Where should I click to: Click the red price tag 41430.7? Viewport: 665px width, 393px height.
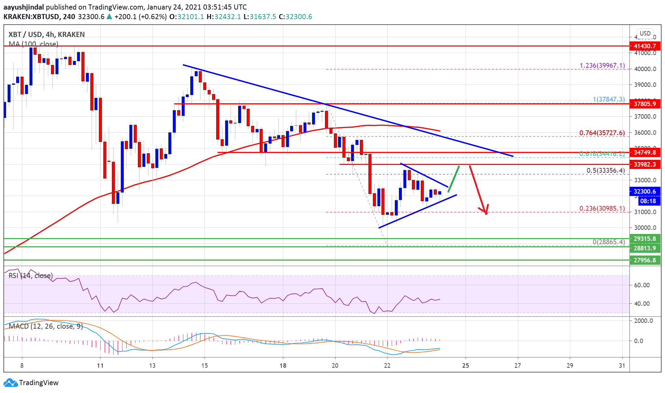tap(644, 46)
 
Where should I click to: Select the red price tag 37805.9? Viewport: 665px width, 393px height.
tap(644, 104)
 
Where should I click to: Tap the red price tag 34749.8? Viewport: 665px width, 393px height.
tap(644, 153)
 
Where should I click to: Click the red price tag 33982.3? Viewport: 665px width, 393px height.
tap(644, 165)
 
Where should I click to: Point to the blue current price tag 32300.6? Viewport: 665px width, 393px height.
tap(644, 192)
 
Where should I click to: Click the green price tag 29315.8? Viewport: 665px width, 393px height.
tap(644, 239)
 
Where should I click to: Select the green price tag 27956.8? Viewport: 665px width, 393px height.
tap(644, 260)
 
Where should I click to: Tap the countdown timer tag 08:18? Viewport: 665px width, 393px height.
tap(648, 201)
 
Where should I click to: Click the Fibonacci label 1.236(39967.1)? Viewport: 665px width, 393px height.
tap(602, 65)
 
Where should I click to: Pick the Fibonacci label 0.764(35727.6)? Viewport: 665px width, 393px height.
tap(602, 133)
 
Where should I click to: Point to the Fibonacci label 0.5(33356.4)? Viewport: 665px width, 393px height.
tap(605, 170)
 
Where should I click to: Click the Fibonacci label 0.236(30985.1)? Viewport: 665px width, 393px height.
tap(602, 208)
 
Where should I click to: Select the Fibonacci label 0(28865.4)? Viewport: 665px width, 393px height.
tap(609, 242)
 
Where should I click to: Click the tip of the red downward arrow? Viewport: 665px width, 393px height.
tap(486, 214)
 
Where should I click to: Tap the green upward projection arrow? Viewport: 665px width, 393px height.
tap(454, 179)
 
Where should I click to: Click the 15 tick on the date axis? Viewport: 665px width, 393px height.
tap(204, 366)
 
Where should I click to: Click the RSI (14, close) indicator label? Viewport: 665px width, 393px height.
tap(31, 276)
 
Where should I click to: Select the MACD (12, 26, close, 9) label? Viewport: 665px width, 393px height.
tap(45, 326)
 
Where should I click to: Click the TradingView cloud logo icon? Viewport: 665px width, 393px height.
tap(10, 383)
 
